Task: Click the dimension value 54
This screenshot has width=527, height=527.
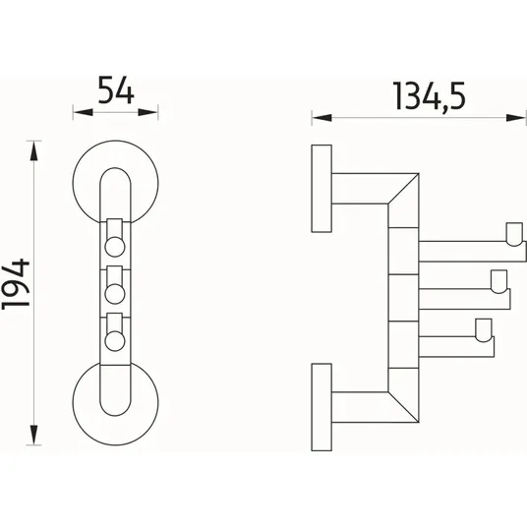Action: pyautogui.click(x=116, y=89)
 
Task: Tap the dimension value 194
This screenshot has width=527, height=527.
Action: pyautogui.click(x=16, y=284)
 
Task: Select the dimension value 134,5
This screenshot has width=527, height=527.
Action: pyautogui.click(x=429, y=96)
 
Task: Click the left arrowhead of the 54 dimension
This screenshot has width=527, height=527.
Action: pyautogui.click(x=83, y=112)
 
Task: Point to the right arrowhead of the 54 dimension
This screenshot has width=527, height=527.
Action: pyautogui.click(x=147, y=112)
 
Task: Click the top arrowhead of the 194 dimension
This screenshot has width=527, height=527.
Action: pyautogui.click(x=33, y=151)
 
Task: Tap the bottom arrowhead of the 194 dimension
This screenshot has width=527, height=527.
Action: pyautogui.click(x=33, y=435)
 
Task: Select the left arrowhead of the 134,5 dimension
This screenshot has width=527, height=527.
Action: pyautogui.click(x=322, y=118)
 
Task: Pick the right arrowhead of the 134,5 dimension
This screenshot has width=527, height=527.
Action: pyautogui.click(x=516, y=118)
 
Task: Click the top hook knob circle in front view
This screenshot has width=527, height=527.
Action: pyautogui.click(x=115, y=247)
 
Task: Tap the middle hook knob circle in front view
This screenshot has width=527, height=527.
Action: pyautogui.click(x=115, y=294)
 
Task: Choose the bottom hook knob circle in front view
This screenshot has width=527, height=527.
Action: pyautogui.click(x=115, y=341)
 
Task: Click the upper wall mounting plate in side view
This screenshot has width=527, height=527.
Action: pyautogui.click(x=322, y=189)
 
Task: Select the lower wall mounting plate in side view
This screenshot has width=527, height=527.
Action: pyautogui.click(x=322, y=407)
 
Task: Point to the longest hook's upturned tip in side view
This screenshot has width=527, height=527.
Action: pyautogui.click(x=514, y=234)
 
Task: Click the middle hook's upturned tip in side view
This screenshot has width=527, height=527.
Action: pyautogui.click(x=498, y=281)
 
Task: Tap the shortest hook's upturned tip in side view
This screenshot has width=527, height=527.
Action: pyautogui.click(x=484, y=330)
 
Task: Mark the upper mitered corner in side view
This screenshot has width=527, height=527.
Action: pyautogui.click(x=403, y=189)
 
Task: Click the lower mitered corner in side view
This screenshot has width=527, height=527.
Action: pyautogui.click(x=403, y=407)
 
